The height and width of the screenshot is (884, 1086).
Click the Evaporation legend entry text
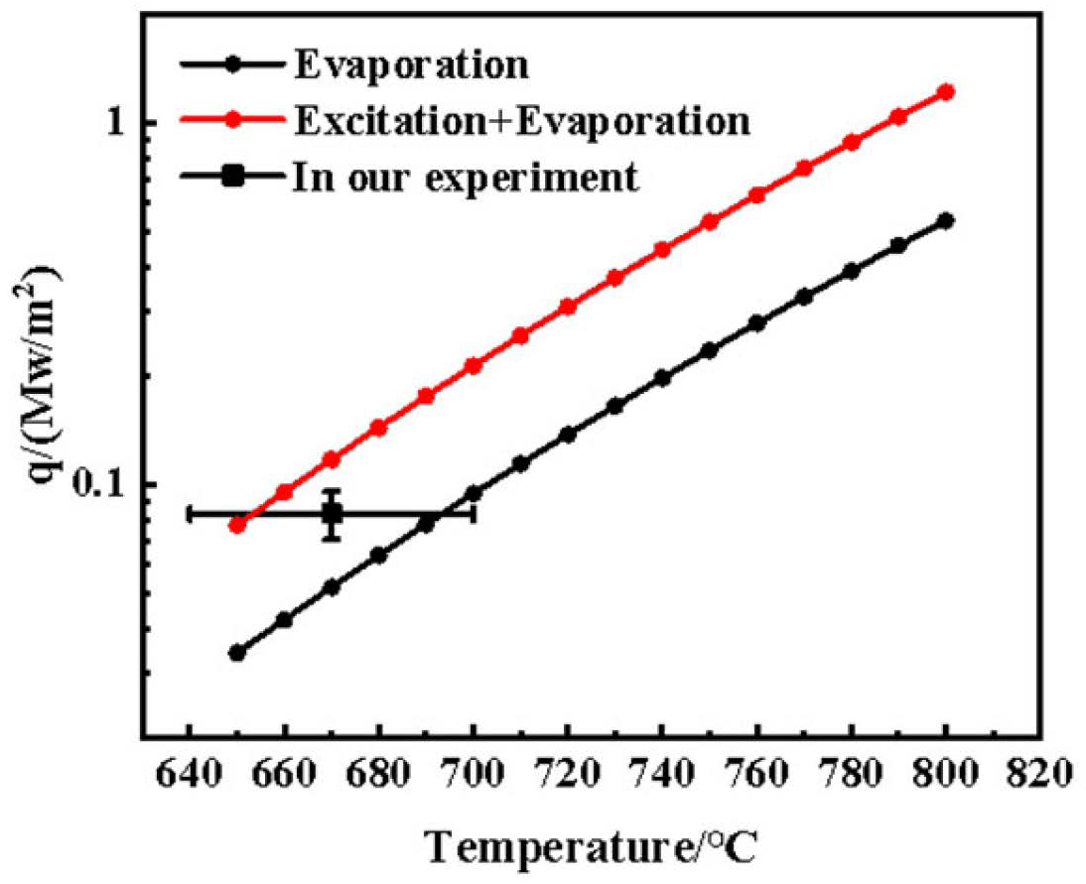tap(410, 65)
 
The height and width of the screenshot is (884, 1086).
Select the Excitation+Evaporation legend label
tap(521, 121)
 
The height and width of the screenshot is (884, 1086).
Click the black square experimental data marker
tap(332, 514)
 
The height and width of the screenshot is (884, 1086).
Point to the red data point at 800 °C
tap(946, 92)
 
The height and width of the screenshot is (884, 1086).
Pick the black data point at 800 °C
tap(946, 220)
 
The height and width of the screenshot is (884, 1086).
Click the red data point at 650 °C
tap(237, 524)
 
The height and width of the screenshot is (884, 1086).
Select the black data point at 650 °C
tap(237, 652)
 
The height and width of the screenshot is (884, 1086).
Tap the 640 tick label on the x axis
tap(189, 771)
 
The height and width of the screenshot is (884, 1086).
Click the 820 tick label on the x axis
tap(1040, 771)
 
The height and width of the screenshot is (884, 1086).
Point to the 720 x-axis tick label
tap(568, 771)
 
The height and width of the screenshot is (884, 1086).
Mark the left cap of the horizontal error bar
tap(190, 514)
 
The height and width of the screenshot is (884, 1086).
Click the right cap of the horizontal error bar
tap(474, 514)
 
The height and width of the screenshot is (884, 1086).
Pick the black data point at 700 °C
tap(474, 493)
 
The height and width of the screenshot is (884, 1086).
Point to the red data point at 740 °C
tap(662, 250)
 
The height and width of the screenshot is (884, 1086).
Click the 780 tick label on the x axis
tap(851, 771)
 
